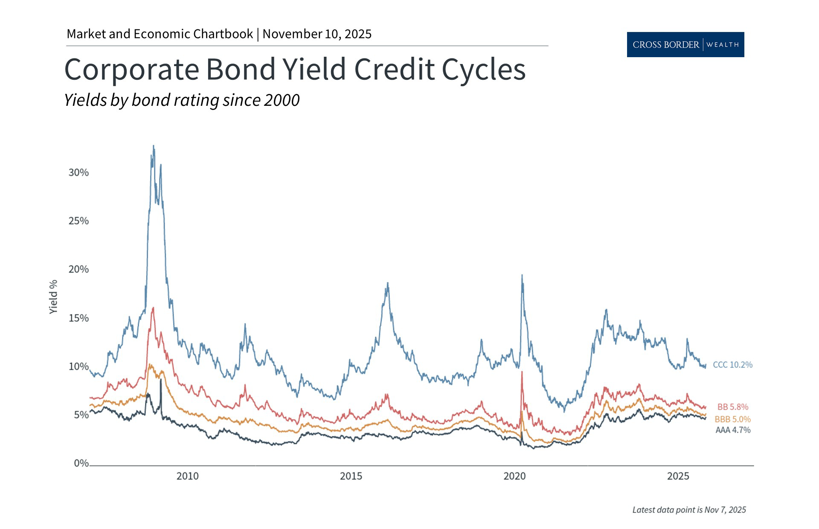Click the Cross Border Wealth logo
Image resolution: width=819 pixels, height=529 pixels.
coord(685,44)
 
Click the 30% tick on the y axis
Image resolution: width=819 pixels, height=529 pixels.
coord(78,172)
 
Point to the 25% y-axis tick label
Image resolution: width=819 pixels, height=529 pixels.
coord(78,221)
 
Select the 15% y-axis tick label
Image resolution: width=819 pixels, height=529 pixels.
coord(78,318)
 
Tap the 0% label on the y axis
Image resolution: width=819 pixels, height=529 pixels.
coord(81,463)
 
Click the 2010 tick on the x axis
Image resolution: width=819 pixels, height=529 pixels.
coord(187,476)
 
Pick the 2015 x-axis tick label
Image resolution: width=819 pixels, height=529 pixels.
coord(351,476)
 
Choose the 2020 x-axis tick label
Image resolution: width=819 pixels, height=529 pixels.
coord(514,476)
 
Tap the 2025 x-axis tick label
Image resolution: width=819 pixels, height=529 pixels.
coord(678,476)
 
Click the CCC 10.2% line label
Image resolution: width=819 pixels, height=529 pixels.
coord(732,365)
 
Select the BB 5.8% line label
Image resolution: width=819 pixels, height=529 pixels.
coord(732,407)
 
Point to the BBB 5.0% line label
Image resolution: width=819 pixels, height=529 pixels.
coord(732,419)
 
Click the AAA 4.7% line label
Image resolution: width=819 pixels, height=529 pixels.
coord(732,430)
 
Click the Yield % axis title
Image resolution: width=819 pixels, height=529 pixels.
coord(53,297)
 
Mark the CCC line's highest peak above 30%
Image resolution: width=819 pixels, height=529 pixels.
coord(154,146)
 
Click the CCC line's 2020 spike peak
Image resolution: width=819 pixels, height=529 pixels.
coord(522,276)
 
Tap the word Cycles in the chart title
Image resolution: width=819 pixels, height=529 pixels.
coord(483,70)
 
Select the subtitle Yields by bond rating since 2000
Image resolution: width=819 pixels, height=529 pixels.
coord(182,100)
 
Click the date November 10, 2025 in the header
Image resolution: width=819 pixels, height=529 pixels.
coord(317,34)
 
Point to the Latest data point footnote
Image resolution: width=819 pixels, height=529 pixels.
coord(689,510)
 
